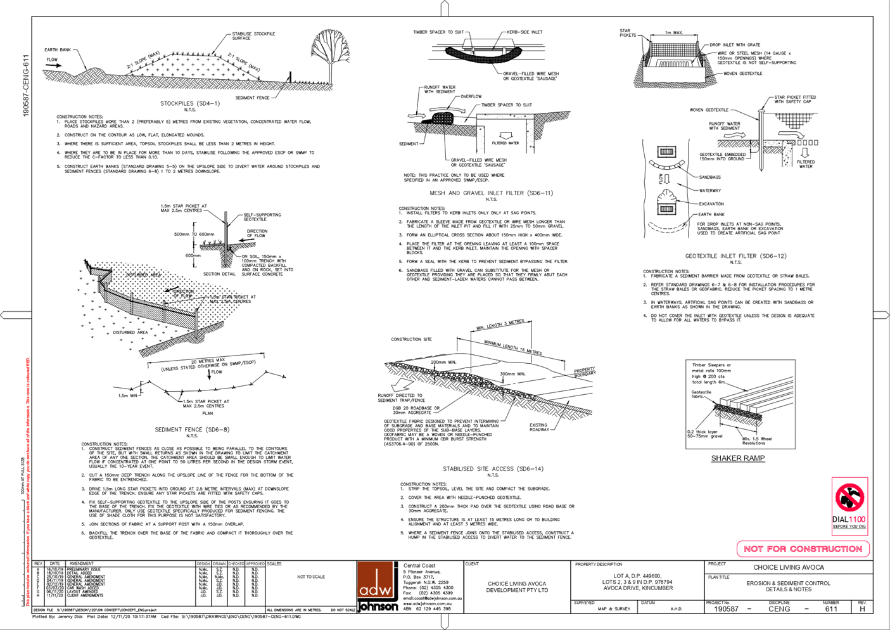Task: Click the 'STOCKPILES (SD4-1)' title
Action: (190, 103)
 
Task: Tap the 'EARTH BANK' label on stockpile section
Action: (58, 49)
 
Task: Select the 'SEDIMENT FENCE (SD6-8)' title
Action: (192, 430)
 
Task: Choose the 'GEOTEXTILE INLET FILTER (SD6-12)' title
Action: (735, 256)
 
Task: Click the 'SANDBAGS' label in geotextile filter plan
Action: (710, 177)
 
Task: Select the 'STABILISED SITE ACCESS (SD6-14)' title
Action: (493, 469)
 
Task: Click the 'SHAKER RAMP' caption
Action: (737, 458)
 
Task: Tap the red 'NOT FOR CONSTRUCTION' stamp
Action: (803, 549)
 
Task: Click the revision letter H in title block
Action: (861, 608)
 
